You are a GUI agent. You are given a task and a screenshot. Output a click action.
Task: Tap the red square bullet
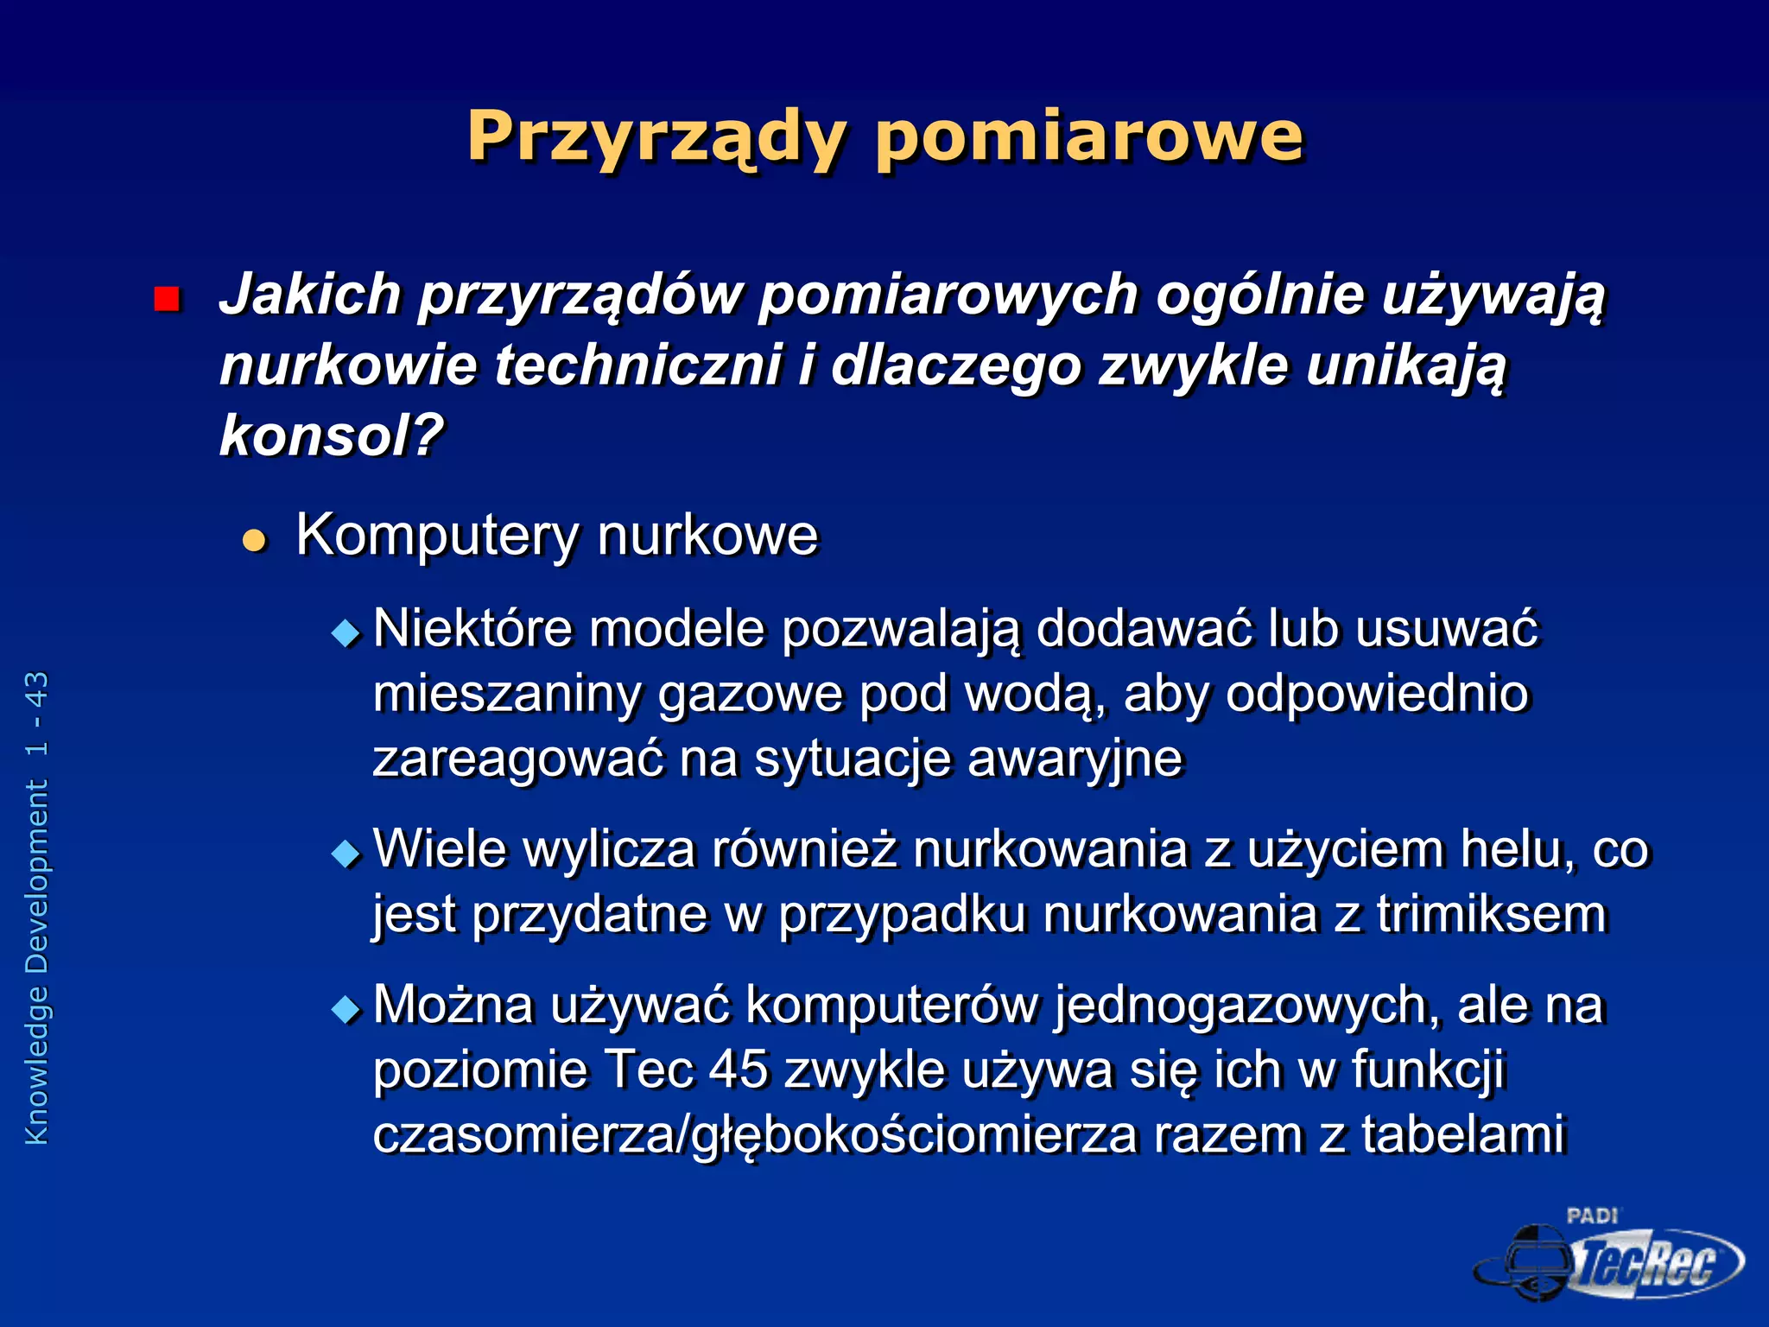tap(166, 299)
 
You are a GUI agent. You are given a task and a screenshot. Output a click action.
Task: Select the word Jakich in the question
tap(310, 295)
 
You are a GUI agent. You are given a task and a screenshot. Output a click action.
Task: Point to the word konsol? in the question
tap(331, 435)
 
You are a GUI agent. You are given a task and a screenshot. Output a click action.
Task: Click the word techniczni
tap(637, 365)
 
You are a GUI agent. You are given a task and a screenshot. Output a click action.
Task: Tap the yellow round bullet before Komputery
tap(254, 541)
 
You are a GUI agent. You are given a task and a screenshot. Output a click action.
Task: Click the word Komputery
tap(437, 536)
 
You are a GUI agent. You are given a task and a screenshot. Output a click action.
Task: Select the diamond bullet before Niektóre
tap(346, 634)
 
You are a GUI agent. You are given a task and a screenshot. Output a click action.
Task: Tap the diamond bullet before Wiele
tap(346, 854)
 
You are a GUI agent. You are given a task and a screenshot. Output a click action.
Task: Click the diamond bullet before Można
tap(346, 1009)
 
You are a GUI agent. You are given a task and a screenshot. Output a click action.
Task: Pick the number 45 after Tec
tap(738, 1070)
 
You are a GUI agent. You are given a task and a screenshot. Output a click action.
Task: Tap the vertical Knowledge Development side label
tap(37, 907)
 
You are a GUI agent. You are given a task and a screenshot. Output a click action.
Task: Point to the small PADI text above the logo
tap(1592, 1216)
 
